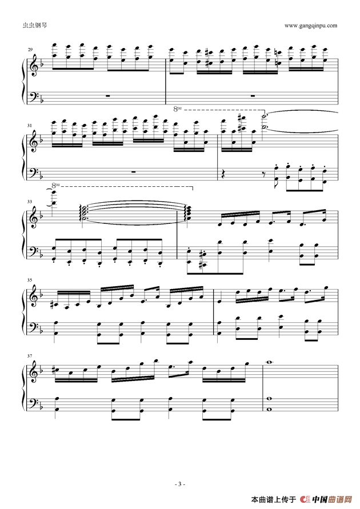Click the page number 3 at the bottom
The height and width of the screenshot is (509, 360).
[x=179, y=484]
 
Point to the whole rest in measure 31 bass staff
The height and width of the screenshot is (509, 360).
[x=133, y=171]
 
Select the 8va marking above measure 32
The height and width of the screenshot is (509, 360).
[x=178, y=109]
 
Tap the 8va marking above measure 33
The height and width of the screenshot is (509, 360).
[x=55, y=186]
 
